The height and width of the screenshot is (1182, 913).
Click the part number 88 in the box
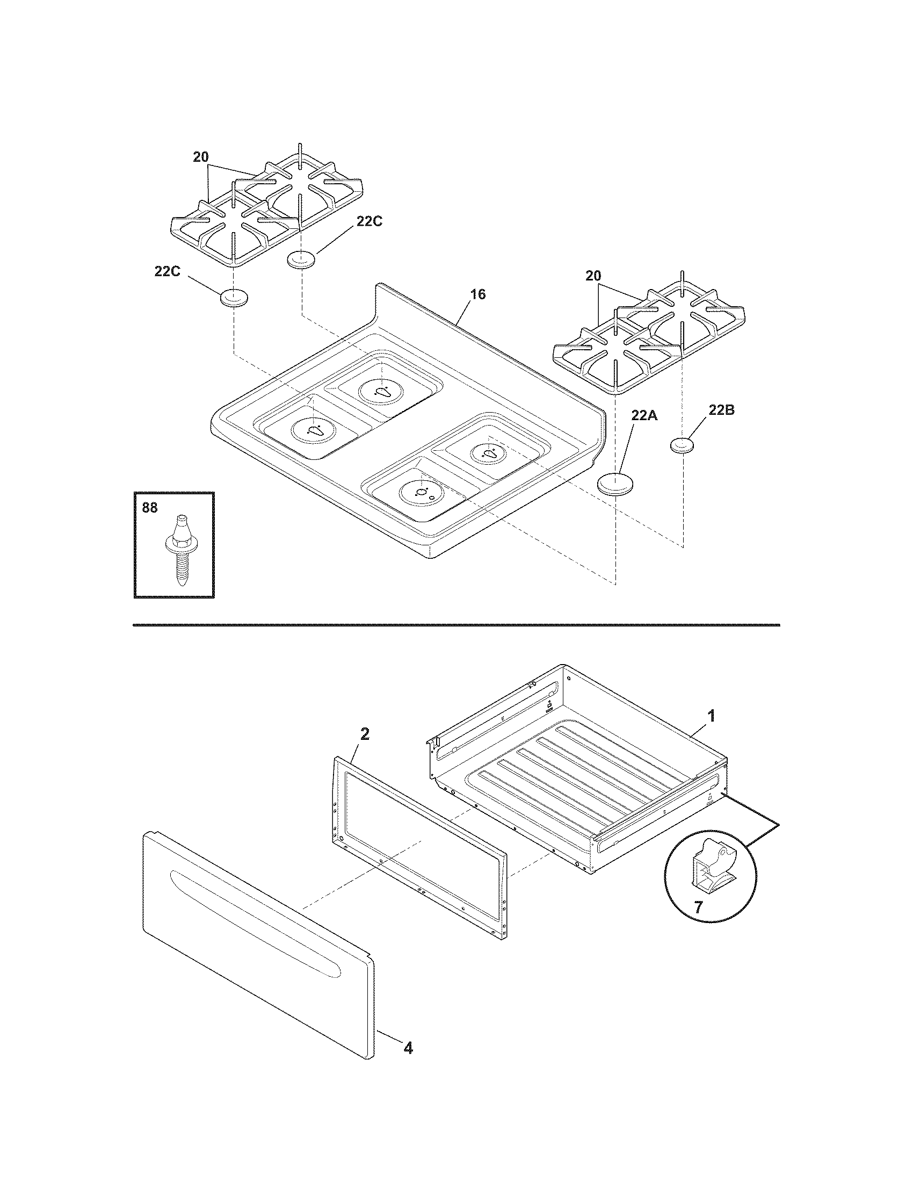point(149,508)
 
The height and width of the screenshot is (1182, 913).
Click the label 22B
point(721,410)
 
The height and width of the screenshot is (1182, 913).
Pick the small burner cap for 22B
point(683,446)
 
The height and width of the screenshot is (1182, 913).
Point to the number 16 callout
point(477,294)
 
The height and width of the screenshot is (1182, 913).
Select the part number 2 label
point(365,734)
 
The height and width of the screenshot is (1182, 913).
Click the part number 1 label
point(712,716)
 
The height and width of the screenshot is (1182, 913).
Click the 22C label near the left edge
point(167,272)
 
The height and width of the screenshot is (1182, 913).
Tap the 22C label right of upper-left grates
point(369,221)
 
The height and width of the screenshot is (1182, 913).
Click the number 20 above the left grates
point(200,157)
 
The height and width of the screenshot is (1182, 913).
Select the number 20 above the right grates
point(593,276)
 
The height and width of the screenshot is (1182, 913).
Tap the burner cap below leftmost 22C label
point(233,298)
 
